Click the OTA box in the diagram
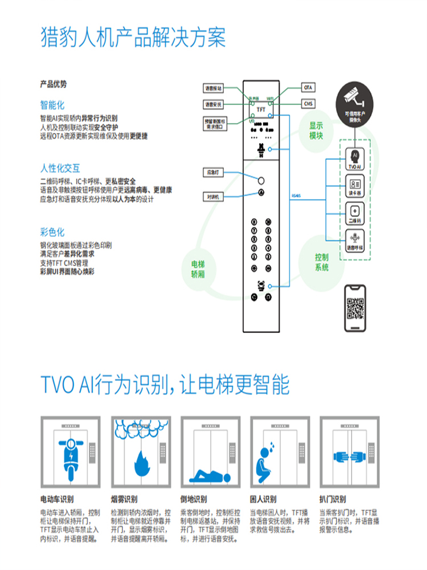308,88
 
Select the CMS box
308,104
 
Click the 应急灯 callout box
213,172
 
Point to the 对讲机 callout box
213,197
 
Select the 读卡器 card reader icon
354,185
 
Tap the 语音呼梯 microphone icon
354,238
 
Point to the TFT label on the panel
261,109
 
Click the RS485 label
295,194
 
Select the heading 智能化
52,105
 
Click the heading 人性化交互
60,168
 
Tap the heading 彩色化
52,232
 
